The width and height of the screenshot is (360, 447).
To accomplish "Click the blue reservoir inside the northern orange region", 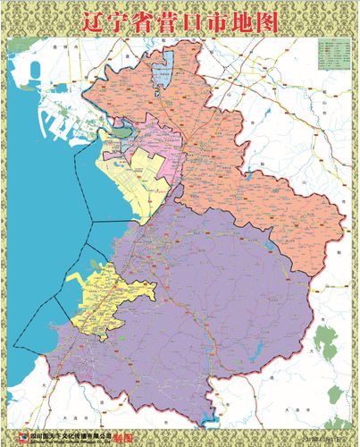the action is coord(163,70).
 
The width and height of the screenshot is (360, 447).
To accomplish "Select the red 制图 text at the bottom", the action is coord(128,438).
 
